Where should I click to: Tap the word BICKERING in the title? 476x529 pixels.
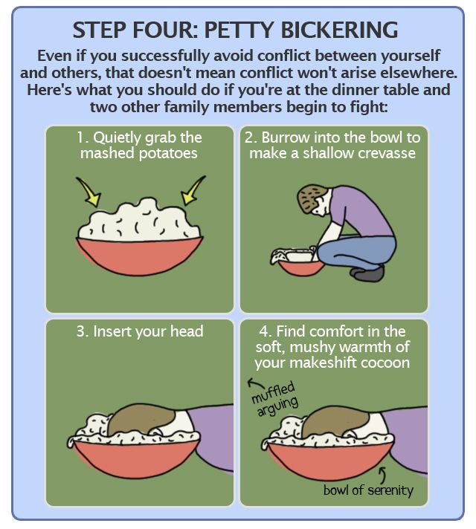339,30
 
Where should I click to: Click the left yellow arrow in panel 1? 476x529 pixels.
89,192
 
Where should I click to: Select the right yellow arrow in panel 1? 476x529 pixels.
193,191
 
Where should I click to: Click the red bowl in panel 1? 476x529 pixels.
139,256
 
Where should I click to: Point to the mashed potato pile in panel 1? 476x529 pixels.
139,221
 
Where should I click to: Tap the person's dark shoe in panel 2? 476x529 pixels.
367,273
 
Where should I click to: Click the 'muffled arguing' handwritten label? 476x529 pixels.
275,399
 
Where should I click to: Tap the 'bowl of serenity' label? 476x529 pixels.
368,490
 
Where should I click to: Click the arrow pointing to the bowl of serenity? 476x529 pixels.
382,475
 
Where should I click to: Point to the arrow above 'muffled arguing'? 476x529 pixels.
255,383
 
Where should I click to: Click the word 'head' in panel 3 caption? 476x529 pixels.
187,331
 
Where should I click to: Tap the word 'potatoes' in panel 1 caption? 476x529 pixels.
168,154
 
